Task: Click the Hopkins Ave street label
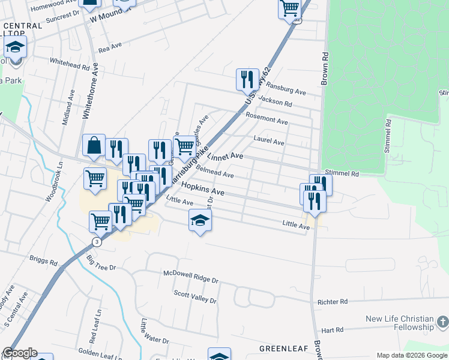[x=202, y=190]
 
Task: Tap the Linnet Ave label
[x=224, y=157]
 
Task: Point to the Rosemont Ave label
[x=267, y=120]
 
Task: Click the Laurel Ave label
[x=268, y=142]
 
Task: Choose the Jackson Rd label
[x=277, y=104]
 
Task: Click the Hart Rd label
[x=332, y=329]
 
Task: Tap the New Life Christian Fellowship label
[x=400, y=323]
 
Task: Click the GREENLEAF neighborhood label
[x=283, y=349]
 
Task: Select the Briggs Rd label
[x=43, y=262]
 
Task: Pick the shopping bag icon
[x=94, y=145]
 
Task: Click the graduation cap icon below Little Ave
[x=200, y=221]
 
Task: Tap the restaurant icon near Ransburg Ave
[x=247, y=79]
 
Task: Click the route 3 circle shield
[x=96, y=241]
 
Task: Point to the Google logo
[x=20, y=353]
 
